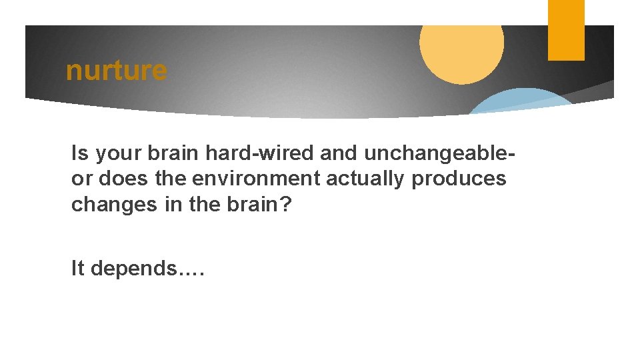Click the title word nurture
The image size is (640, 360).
click(x=116, y=70)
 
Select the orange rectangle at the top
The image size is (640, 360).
click(x=566, y=30)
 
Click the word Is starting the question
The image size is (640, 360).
click(x=80, y=154)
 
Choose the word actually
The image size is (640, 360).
click(x=367, y=179)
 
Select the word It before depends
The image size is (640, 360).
click(x=78, y=268)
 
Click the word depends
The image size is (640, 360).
click(x=134, y=269)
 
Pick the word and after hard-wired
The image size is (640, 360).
click(x=335, y=154)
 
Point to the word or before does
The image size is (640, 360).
click(x=81, y=179)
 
